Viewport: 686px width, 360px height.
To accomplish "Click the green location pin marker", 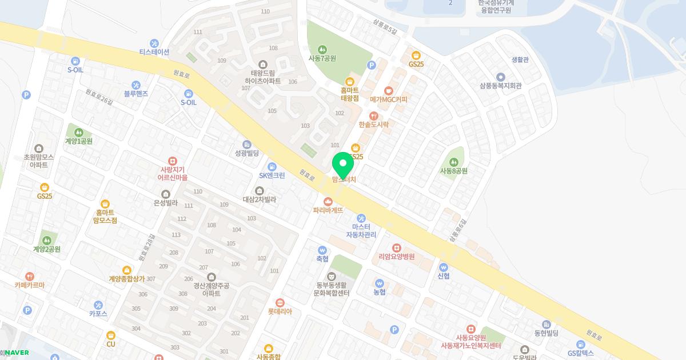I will [x=343, y=166].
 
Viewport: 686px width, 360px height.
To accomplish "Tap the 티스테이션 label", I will [x=154, y=52].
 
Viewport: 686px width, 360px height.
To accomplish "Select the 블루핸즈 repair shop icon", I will [x=136, y=85].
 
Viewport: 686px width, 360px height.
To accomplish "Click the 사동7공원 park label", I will [x=322, y=58].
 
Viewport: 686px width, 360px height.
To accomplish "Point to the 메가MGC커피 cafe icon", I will [x=389, y=90].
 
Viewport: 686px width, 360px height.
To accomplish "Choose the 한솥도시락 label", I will [x=374, y=124].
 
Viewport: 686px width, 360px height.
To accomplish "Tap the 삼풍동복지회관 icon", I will [x=501, y=77].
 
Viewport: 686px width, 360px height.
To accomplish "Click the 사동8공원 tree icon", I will [x=454, y=162].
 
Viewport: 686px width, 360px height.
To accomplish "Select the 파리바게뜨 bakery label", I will [x=328, y=210].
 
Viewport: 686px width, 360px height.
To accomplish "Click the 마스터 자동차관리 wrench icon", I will [x=361, y=218].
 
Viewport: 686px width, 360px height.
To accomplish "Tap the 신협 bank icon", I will [x=444, y=267].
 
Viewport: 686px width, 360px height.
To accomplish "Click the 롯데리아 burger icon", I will [x=280, y=303].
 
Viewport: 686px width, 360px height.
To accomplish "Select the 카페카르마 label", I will [x=30, y=285].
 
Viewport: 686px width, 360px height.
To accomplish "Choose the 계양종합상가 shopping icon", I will [x=127, y=270].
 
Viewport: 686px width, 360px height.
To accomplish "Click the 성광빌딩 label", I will [x=247, y=153].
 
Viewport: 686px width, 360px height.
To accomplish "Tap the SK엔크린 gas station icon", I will [x=272, y=166].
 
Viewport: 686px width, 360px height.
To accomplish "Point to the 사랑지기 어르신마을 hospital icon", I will [x=173, y=162].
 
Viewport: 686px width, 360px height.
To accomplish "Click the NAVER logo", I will [x=17, y=353].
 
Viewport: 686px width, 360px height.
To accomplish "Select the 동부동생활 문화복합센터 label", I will [x=332, y=289].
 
